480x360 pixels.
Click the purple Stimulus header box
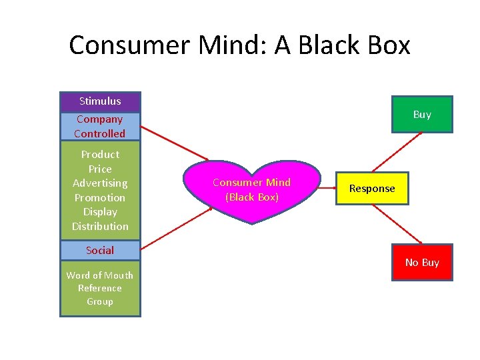coord(100,101)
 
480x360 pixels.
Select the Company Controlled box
coord(100,126)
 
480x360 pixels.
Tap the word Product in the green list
coord(100,154)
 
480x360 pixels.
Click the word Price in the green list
coord(100,169)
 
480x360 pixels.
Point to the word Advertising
coord(100,183)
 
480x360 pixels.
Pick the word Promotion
coord(100,197)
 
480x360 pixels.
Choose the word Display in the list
coord(100,212)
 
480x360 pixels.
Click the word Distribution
coord(100,227)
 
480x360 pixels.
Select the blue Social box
coord(100,251)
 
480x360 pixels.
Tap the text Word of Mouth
coord(100,275)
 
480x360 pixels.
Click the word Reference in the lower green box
coord(100,288)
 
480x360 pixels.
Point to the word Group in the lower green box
coord(100,301)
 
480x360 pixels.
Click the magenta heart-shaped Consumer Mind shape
coord(251,189)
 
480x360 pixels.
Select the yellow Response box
coord(372,189)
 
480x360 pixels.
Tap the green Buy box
coord(422,115)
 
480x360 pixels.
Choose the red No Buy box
coord(422,263)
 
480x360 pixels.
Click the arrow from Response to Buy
coord(397,152)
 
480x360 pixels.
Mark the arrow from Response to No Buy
coord(397,224)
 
